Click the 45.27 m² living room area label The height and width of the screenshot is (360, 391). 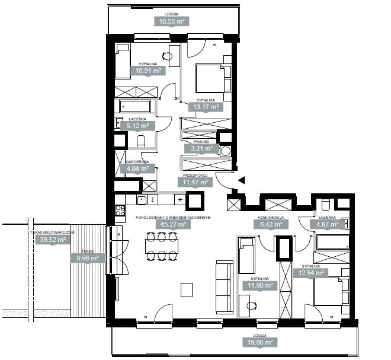pos(174,224)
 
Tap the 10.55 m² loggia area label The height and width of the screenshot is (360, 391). pos(172,21)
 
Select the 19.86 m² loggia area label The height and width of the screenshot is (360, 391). pos(260,342)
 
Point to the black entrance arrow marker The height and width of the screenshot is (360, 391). pos(242,180)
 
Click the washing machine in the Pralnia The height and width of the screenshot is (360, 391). pos(226,151)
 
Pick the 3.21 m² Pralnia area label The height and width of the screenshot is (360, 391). pos(201,148)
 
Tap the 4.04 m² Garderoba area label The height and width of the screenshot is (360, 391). pos(137,168)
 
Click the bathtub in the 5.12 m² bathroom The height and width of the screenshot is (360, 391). pos(135,106)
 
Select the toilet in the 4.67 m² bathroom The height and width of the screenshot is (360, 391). pos(326,205)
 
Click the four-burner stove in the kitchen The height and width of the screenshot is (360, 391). pos(120,211)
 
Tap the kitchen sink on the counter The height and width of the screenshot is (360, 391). pos(142,200)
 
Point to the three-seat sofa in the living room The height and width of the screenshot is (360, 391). pos(225,287)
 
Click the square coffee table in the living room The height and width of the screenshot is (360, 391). pos(187,289)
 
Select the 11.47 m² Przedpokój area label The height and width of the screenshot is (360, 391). pos(195,182)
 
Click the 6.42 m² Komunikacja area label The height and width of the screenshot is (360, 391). pos(271,224)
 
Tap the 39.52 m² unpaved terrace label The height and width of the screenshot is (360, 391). pos(53,240)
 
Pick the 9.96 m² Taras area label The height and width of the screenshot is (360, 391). pos(88,257)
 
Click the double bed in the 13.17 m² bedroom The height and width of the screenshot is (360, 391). pos(210,78)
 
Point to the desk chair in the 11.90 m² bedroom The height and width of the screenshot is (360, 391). pos(251,305)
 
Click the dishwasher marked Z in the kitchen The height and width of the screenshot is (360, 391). pos(153,200)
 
